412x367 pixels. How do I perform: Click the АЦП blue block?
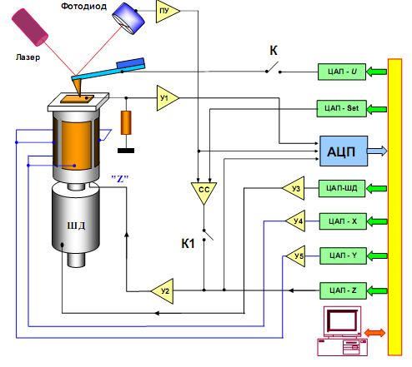tap(344, 151)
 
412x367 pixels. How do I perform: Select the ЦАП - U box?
tap(342, 72)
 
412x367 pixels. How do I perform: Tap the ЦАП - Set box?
tap(342, 108)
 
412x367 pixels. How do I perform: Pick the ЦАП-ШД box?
tap(342, 188)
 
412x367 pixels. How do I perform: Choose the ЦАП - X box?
tap(343, 221)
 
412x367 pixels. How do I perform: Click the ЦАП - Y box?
tap(343, 255)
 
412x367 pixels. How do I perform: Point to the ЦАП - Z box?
tap(343, 290)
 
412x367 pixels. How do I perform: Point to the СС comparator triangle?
tap(203, 191)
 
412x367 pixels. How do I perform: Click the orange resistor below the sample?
tap(126, 122)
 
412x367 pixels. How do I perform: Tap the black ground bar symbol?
tap(126, 151)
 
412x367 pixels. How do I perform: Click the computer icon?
tap(343, 331)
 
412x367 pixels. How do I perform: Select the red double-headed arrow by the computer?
tap(374, 333)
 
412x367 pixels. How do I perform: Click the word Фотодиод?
tap(83, 7)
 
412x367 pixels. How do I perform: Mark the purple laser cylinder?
tap(30, 27)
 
